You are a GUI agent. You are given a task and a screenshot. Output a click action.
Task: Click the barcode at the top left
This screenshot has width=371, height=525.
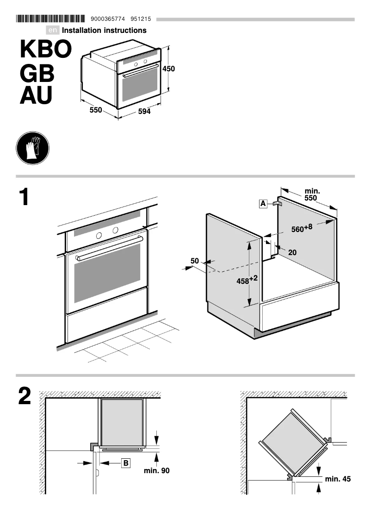(50, 19)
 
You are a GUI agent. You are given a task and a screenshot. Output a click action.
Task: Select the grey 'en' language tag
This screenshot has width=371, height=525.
(53, 31)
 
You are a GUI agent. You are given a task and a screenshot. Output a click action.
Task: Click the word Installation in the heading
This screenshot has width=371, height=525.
(85, 31)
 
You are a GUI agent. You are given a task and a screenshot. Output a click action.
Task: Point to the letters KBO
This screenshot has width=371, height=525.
(46, 50)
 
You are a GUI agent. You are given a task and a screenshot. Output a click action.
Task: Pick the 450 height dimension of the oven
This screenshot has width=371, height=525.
(169, 69)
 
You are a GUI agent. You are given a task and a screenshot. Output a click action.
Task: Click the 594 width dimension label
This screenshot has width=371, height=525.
(144, 112)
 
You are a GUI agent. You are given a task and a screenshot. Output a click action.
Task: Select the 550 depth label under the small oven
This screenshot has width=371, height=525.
(96, 110)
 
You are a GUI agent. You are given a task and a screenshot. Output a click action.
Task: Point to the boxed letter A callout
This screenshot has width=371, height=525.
(263, 203)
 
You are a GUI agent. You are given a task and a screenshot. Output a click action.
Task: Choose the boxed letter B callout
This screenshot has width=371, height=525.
(126, 462)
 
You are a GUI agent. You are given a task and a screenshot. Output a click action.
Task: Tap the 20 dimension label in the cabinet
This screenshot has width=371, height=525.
(292, 252)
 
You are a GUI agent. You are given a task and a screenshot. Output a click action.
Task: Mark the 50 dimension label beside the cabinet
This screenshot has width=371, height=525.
(195, 261)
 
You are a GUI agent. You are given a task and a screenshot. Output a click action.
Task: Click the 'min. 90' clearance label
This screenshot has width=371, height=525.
(157, 471)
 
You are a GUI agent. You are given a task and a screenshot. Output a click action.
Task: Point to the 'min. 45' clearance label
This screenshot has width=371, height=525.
(338, 479)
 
